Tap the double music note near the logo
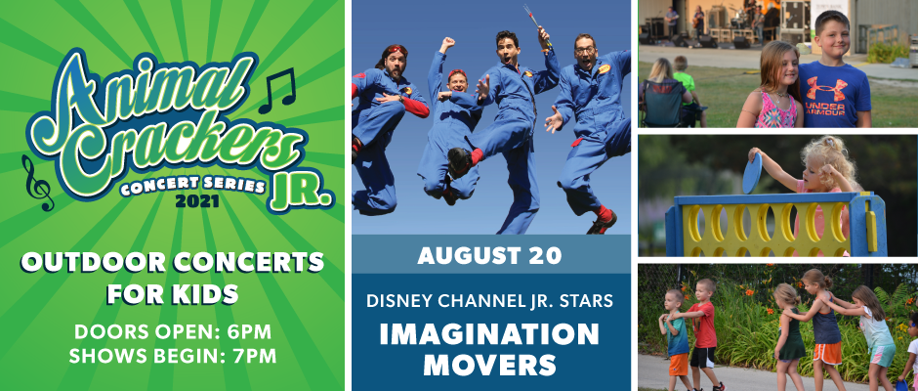pyautogui.click(x=277, y=90)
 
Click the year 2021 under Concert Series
pyautogui.click(x=196, y=201)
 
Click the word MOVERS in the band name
pyautogui.click(x=489, y=364)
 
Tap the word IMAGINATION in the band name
pyautogui.click(x=489, y=334)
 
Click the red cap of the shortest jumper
pyautogui.click(x=456, y=73)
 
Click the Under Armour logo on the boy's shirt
pyautogui.click(x=826, y=89)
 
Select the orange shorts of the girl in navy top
pyautogui.click(x=828, y=354)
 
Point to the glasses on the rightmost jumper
pyautogui.click(x=584, y=51)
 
